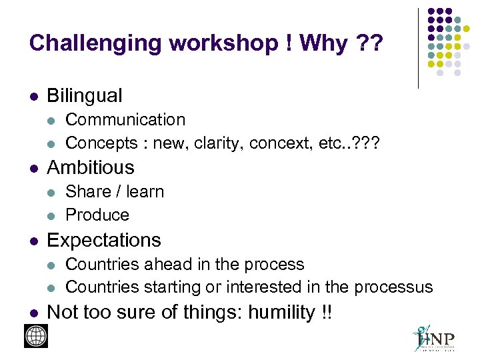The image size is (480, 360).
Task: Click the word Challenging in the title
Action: pos(95,44)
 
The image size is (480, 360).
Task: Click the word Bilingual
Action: pos(85,96)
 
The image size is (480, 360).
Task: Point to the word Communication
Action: pos(125,120)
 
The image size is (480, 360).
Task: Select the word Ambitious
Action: pos(91,167)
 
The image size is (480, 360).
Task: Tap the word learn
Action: pos(145,192)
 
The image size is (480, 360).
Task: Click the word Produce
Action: pos(97,215)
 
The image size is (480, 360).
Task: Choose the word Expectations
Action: pos(104,240)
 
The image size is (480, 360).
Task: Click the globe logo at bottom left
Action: pos(36,336)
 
